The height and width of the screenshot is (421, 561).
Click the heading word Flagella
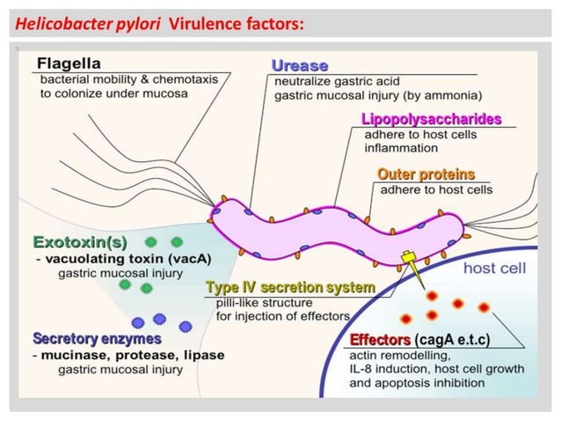click(69, 63)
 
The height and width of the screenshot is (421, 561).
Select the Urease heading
click(299, 66)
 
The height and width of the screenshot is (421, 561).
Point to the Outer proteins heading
click(426, 174)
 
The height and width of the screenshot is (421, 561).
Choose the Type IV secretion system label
click(289, 287)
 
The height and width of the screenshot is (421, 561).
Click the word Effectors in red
click(380, 340)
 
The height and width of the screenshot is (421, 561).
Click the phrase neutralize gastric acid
click(324, 81)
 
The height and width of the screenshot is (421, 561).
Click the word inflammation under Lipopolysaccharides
click(401, 149)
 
